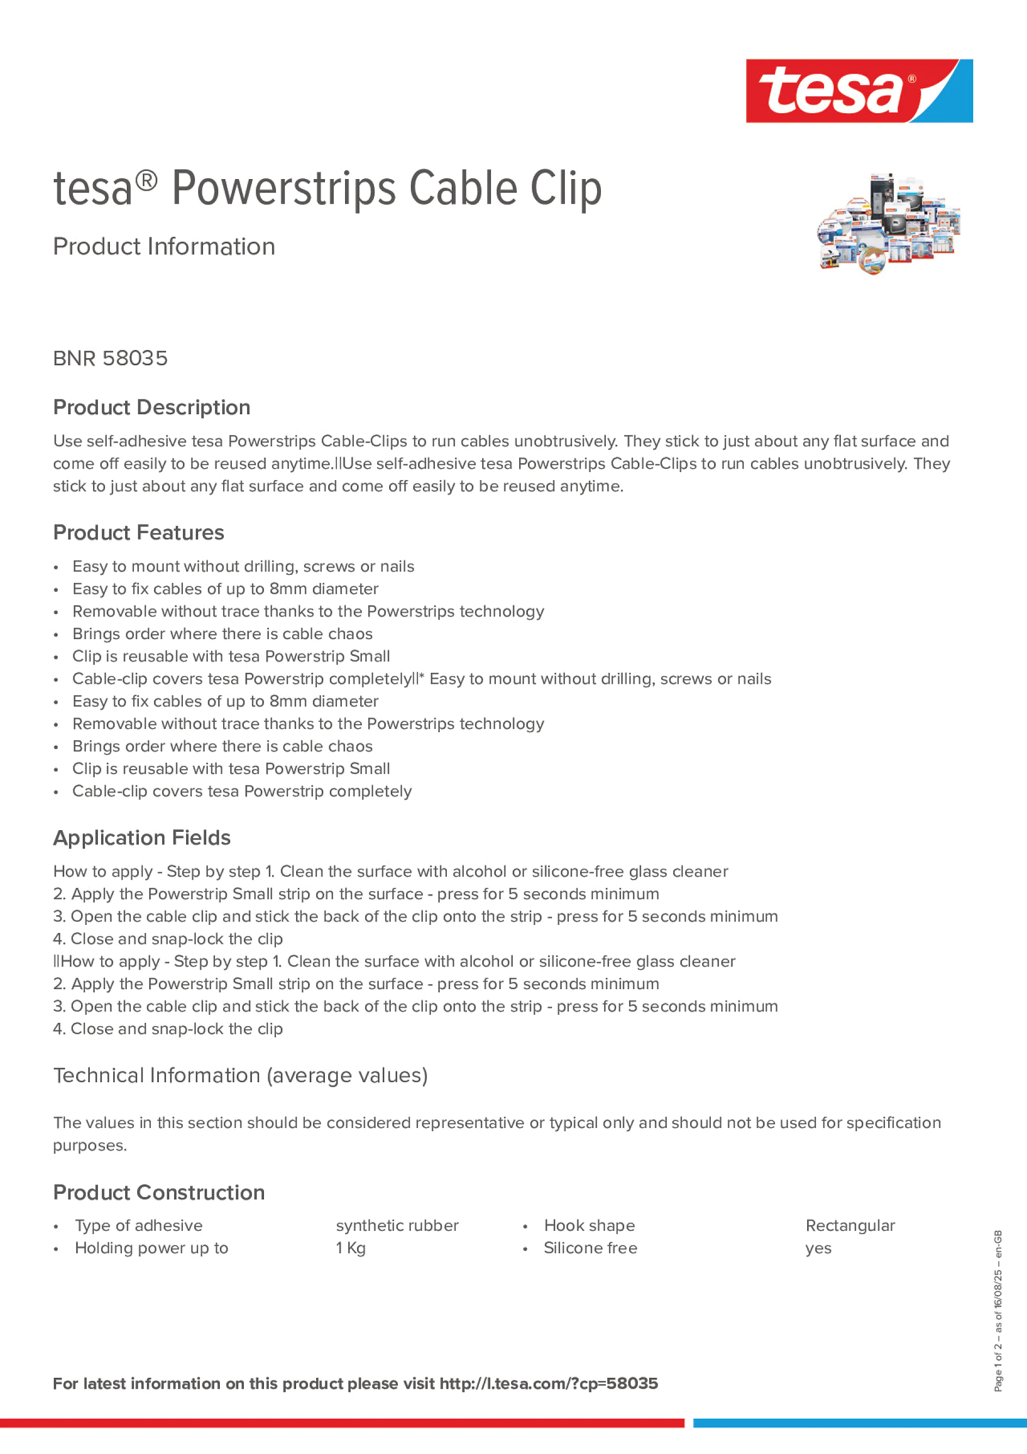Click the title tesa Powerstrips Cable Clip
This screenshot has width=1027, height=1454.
point(327,189)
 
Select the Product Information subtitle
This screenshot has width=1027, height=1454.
point(164,247)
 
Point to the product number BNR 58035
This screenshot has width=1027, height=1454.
point(110,358)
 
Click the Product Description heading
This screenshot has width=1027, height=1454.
point(151,407)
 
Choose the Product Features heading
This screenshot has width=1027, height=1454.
point(138,532)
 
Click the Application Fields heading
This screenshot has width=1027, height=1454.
point(142,838)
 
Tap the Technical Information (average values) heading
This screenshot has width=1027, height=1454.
point(240,1075)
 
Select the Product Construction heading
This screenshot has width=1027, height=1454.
point(159,1193)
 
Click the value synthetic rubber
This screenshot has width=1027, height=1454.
point(397,1225)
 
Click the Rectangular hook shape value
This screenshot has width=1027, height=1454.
point(850,1225)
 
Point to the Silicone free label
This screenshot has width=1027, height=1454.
point(590,1248)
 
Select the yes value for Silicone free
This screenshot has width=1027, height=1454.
point(818,1248)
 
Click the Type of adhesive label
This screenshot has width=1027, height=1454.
point(139,1225)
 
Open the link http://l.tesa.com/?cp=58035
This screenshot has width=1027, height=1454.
point(548,1384)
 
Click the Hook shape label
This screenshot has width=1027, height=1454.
point(589,1225)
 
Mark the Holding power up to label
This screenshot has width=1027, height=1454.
point(151,1248)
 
